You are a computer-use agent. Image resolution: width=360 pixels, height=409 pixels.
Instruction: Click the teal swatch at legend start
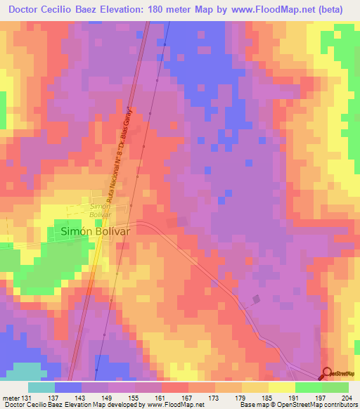pyautogui.click(x=41, y=387)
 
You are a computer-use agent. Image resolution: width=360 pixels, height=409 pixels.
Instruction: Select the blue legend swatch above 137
pyautogui.click(x=68, y=387)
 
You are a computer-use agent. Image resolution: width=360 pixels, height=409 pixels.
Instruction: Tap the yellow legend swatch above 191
pyautogui.click(x=281, y=387)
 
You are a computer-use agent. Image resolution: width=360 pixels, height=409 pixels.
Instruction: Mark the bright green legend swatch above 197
pyautogui.click(x=308, y=387)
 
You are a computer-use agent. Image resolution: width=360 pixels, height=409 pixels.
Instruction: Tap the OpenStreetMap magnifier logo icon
pyautogui.click(x=327, y=374)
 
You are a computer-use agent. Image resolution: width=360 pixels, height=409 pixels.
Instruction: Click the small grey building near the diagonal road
pyautogui.click(x=255, y=299)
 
